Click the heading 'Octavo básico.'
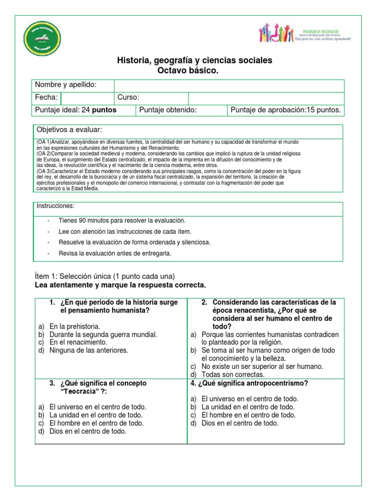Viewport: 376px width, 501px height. (x=188, y=71)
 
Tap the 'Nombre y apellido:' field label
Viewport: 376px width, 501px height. (x=66, y=85)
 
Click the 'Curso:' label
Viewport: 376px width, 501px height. (x=128, y=97)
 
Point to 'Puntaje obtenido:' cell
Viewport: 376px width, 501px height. (x=168, y=110)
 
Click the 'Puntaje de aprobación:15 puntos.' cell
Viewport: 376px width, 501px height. (x=285, y=110)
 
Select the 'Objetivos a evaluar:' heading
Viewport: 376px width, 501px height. (x=69, y=130)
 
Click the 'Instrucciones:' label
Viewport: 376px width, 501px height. (x=55, y=206)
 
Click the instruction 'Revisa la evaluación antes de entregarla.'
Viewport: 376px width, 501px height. (x=115, y=253)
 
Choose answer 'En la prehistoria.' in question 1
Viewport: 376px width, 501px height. (x=74, y=326)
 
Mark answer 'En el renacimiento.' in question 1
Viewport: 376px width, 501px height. (x=78, y=342)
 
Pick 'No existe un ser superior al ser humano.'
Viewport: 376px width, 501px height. (x=262, y=366)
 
